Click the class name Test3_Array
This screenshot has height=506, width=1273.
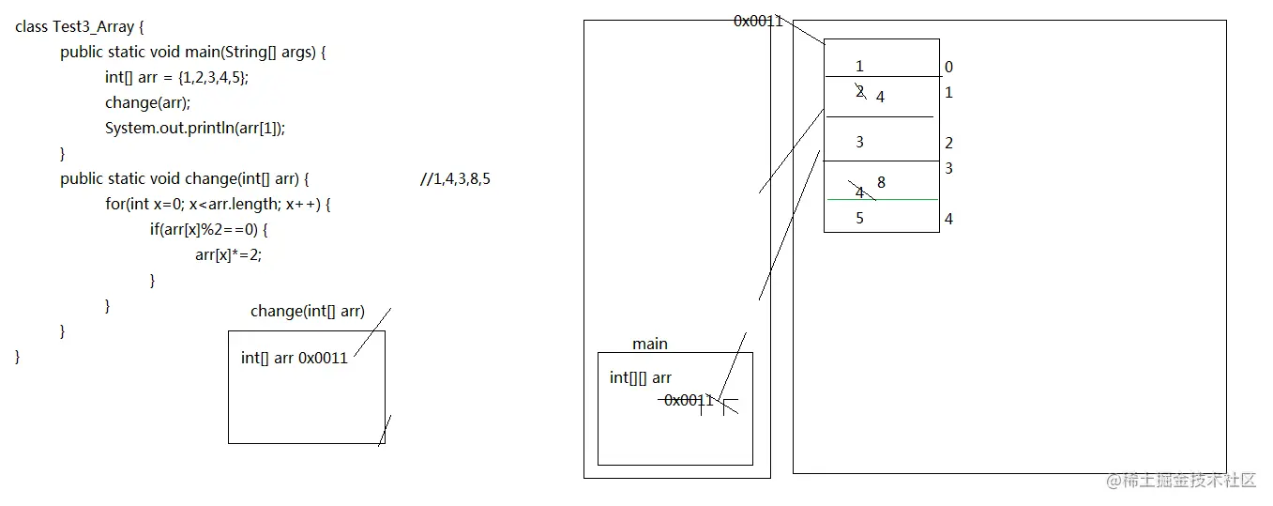click(x=92, y=27)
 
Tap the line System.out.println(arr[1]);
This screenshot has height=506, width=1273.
click(x=195, y=129)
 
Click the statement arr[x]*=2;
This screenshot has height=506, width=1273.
click(x=228, y=254)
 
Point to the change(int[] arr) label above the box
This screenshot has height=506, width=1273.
click(x=308, y=312)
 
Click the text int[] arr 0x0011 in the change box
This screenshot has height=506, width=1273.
click(x=295, y=358)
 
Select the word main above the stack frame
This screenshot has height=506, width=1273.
click(x=650, y=345)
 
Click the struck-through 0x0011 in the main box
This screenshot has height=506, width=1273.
click(x=689, y=400)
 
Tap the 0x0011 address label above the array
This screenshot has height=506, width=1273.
click(x=758, y=21)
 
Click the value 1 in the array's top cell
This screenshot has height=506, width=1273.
click(x=859, y=67)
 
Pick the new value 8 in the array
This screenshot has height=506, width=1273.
click(x=882, y=182)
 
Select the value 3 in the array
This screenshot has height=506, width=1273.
click(x=859, y=143)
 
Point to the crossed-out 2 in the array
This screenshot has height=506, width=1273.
click(x=859, y=91)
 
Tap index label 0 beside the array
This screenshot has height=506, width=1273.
click(x=949, y=68)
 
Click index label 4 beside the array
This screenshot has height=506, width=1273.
click(x=949, y=220)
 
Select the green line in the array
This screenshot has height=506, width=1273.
click(x=882, y=199)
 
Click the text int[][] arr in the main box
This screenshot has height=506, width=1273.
click(x=641, y=378)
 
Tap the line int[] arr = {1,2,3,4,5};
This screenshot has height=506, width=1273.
click(x=177, y=78)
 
